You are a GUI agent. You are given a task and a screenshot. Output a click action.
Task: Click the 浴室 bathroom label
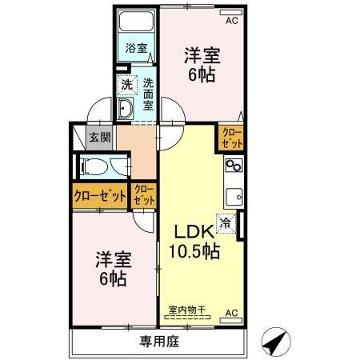click(x=136, y=48)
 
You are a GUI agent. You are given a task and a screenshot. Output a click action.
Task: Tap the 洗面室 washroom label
click(x=148, y=93)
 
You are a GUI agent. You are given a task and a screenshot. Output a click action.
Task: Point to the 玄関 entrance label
click(x=99, y=137)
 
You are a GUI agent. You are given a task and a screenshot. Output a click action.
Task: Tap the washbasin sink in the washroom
click(x=126, y=109)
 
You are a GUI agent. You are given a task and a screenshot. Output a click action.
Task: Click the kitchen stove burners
click(x=234, y=166)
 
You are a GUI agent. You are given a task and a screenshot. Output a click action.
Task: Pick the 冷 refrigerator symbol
click(x=226, y=225)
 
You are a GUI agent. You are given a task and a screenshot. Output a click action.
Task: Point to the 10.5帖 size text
click(x=194, y=250)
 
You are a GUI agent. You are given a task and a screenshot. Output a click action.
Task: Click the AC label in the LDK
click(x=231, y=312)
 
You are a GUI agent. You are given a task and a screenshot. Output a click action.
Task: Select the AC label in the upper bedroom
click(x=231, y=21)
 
